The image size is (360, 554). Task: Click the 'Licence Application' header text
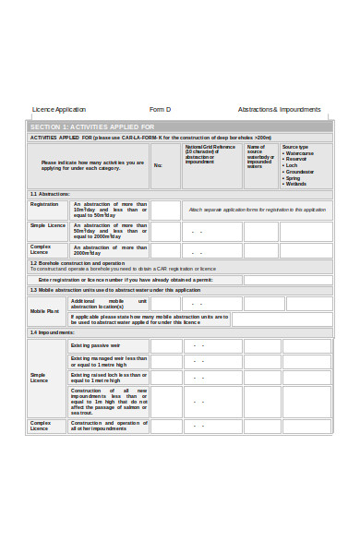(59, 109)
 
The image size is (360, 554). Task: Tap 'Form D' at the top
(161, 109)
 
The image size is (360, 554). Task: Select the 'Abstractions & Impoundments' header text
(279, 109)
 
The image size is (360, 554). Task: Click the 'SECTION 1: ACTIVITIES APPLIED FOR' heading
(92, 126)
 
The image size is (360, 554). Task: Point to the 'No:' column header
(158, 165)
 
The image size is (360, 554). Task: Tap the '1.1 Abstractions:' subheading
(50, 194)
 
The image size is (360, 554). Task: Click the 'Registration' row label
(44, 204)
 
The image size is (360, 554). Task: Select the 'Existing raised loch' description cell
(109, 378)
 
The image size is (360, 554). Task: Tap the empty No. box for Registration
(165, 210)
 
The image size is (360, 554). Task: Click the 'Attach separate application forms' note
(258, 210)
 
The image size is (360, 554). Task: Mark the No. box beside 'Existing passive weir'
(165, 346)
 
